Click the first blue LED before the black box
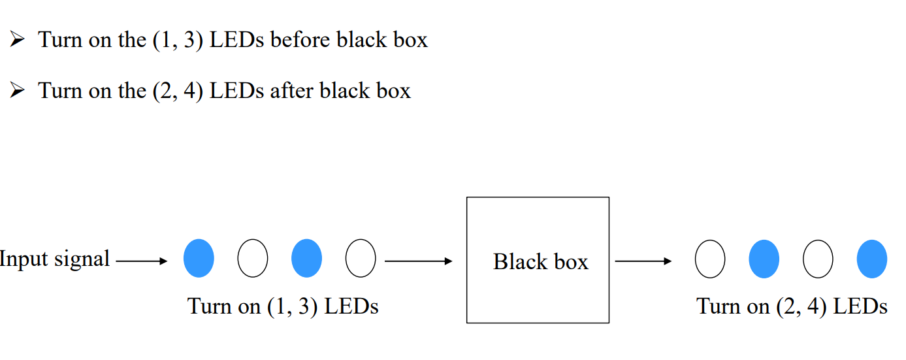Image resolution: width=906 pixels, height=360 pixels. (x=199, y=259)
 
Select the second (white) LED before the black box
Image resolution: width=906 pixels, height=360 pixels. (x=252, y=259)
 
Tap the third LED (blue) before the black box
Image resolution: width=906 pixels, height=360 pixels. (x=306, y=259)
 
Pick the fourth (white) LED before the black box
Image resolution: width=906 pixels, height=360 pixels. (x=361, y=259)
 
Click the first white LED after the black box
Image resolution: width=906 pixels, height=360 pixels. (x=710, y=259)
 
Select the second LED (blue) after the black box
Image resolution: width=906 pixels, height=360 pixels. (x=764, y=259)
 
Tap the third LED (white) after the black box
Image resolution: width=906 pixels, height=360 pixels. (x=818, y=259)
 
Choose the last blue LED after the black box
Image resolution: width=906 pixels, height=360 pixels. (x=872, y=259)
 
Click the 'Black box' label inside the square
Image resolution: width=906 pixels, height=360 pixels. (x=540, y=262)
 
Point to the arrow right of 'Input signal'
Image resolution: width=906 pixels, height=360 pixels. (x=142, y=261)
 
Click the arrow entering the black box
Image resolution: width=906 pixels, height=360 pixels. (x=419, y=261)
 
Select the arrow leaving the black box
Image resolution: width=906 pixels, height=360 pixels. (x=643, y=261)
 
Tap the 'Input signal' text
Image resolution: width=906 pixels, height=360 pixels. (x=55, y=259)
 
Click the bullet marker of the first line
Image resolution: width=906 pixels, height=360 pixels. (x=17, y=41)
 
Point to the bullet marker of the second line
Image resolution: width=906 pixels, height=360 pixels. (x=17, y=91)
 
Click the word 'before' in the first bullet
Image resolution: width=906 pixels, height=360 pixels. (x=301, y=40)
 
